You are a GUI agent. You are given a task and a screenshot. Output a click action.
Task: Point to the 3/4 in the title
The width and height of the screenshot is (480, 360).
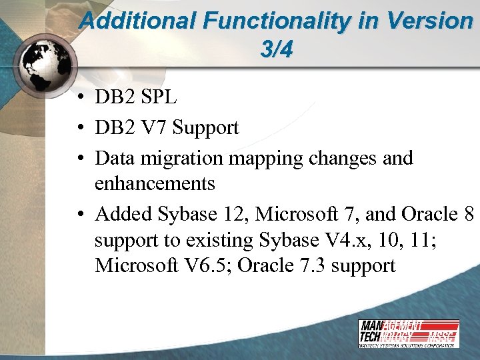(x=276, y=51)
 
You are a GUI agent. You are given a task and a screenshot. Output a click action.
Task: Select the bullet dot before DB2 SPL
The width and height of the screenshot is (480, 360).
(x=79, y=99)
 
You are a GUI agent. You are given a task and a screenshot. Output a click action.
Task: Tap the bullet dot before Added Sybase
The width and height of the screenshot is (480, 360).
(x=79, y=215)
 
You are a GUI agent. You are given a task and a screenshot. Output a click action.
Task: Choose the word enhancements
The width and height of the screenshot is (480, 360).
(x=155, y=183)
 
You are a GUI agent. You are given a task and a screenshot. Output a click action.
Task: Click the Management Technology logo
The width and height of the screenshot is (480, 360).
(x=408, y=333)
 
